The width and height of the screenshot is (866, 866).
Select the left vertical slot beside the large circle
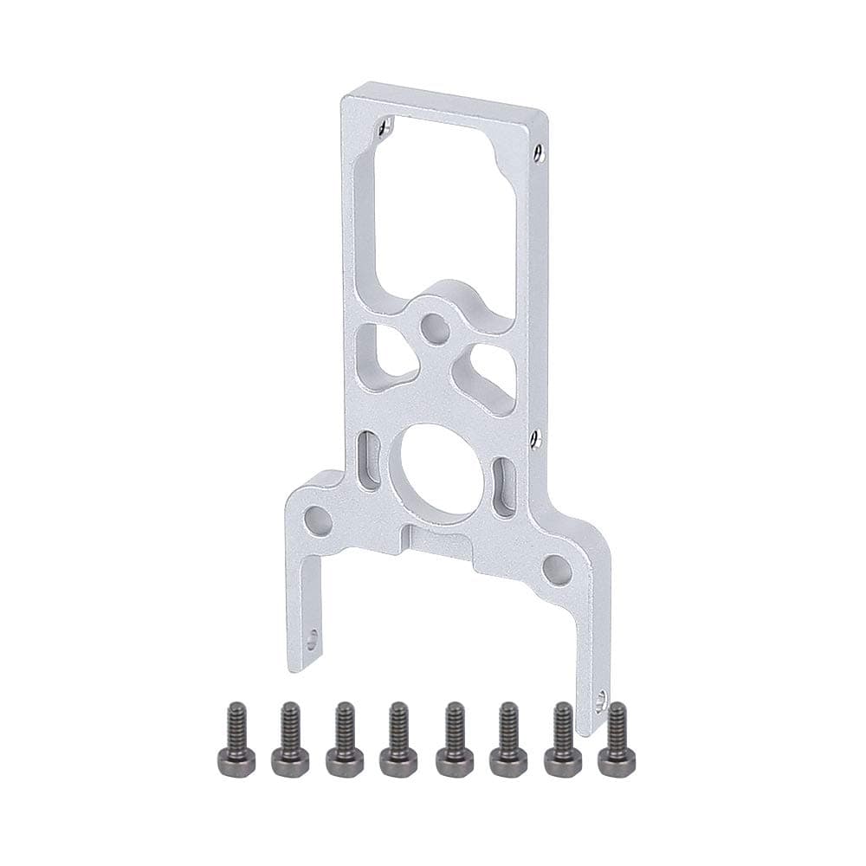368,461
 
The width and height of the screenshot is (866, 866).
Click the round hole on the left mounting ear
317,522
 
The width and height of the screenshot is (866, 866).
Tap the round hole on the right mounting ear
558,569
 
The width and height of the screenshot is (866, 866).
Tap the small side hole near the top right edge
540,153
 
